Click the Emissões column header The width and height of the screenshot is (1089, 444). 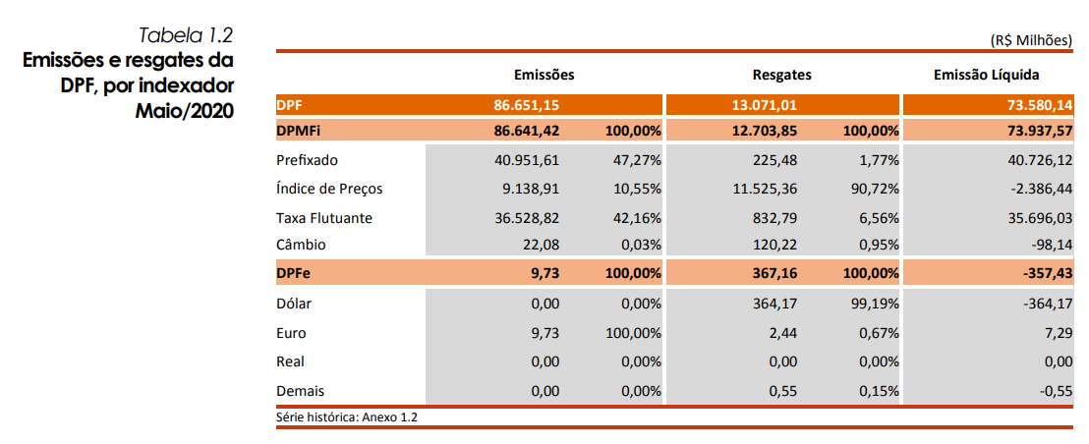point(544,75)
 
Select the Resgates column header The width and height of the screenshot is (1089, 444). point(781,75)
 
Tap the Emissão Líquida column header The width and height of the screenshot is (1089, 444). point(986,75)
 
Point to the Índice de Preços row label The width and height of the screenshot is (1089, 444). point(329,189)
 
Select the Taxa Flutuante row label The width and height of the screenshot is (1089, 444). point(324,217)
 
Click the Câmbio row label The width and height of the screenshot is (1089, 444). point(301,245)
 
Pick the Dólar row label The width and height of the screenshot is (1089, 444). point(294,305)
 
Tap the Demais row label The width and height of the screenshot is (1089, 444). point(300,391)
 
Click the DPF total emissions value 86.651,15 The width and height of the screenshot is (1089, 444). point(526,104)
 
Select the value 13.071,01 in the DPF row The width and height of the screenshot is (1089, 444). point(763,104)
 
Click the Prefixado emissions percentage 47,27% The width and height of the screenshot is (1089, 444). point(633,160)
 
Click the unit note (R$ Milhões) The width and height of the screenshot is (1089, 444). point(1031,40)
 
